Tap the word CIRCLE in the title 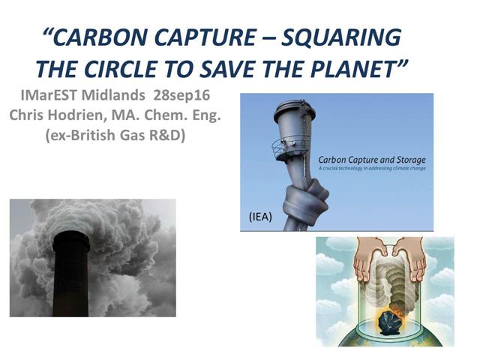point(149,68)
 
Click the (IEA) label point(259,216)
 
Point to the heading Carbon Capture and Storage point(371,159)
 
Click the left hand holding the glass point(349,259)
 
